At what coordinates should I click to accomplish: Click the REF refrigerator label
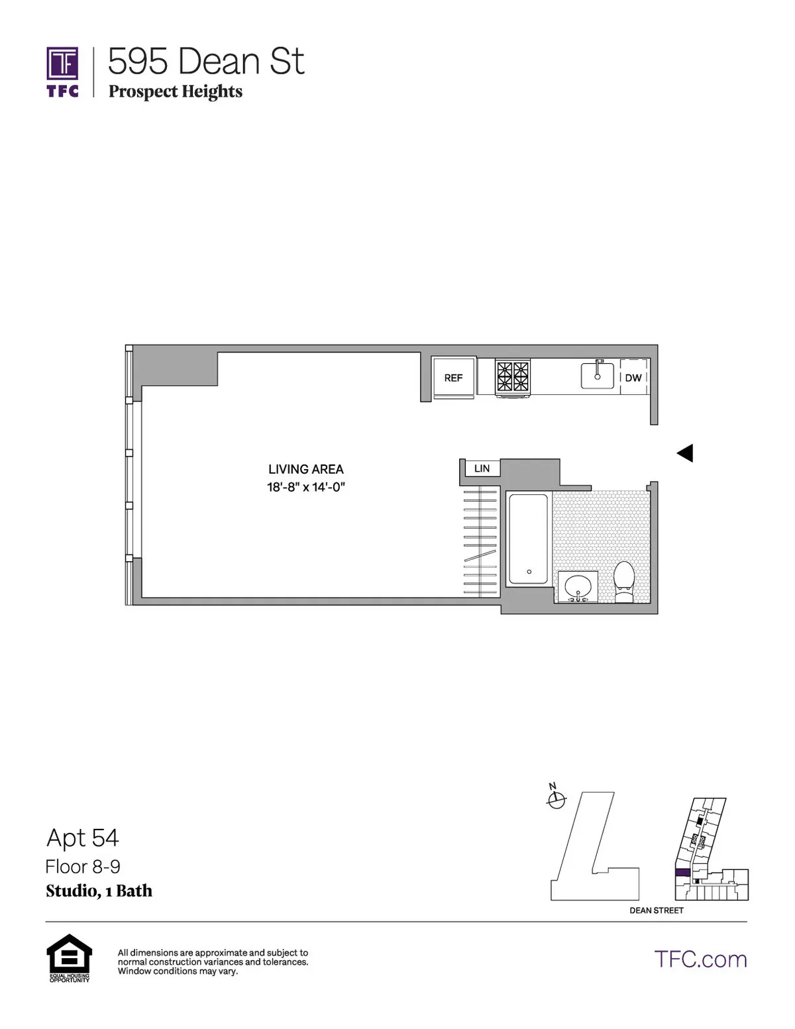453,378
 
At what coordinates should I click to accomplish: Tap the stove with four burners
513,377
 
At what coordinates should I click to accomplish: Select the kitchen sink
598,376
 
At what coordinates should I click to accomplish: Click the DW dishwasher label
633,378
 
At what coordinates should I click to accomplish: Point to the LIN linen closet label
482,468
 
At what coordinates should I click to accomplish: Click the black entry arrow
685,453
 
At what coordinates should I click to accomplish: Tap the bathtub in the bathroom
528,539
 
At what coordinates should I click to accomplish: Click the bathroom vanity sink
578,586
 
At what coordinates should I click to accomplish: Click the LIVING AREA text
305,469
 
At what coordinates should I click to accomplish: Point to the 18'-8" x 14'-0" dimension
305,487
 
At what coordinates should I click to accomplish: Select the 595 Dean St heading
206,62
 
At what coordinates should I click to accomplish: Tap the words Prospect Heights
176,91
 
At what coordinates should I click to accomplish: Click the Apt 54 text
83,838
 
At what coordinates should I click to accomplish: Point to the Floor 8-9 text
83,867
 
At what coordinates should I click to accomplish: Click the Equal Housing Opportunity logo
69,957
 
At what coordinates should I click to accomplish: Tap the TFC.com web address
700,959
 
